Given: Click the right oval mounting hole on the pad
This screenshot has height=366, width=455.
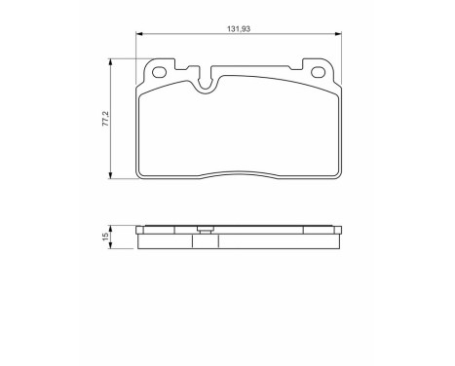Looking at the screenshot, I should coord(318,74).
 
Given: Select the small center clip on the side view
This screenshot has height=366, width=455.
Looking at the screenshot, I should coord(204,231).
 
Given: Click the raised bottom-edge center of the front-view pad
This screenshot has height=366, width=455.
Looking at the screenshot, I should coord(239,171).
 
